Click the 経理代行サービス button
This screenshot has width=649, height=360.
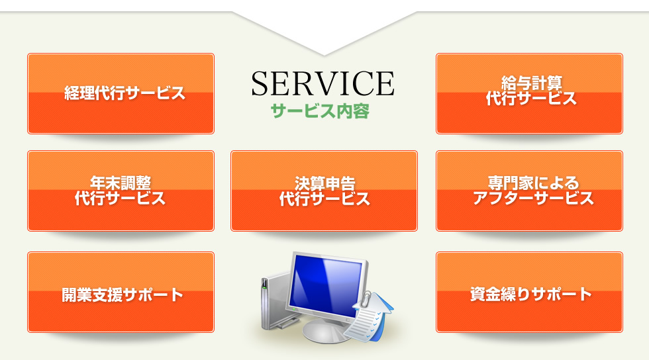(121, 93)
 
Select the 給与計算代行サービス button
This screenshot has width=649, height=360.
(529, 93)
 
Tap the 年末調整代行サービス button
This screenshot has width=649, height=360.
(121, 191)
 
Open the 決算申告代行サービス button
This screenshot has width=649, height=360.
(324, 191)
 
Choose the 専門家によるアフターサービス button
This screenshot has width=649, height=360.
(529, 191)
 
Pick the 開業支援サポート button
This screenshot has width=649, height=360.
(121, 292)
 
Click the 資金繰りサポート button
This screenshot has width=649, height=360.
(529, 292)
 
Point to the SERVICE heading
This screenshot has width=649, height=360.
(323, 83)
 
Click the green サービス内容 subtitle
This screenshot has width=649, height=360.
(320, 111)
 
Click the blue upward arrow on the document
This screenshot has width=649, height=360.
(380, 314)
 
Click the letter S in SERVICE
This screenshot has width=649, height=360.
(261, 83)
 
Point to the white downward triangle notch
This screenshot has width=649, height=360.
(324, 33)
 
